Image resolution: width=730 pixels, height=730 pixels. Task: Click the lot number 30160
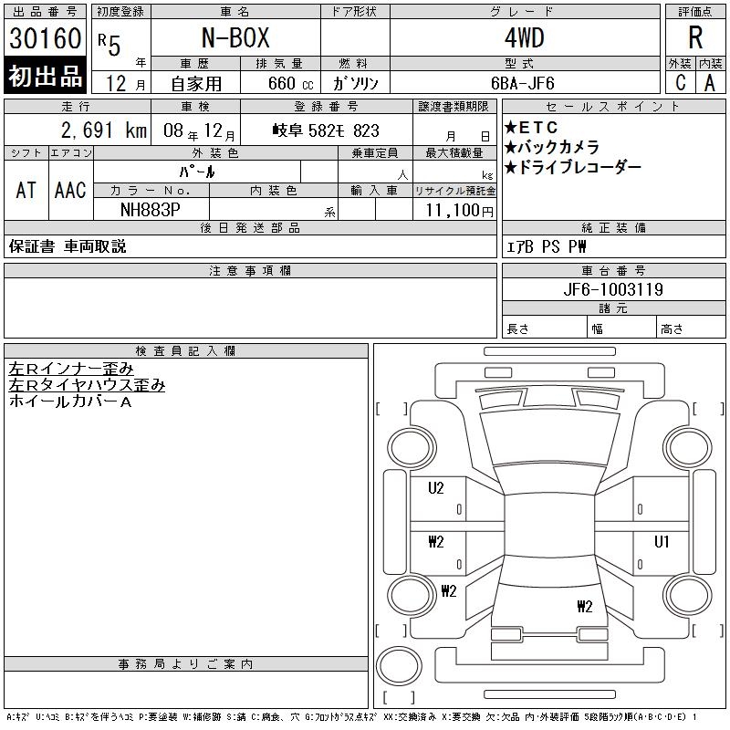click(x=45, y=38)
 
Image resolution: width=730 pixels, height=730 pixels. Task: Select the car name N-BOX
click(x=235, y=37)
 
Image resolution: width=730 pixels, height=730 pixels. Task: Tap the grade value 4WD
click(x=524, y=37)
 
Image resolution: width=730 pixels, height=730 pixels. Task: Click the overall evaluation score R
click(x=695, y=37)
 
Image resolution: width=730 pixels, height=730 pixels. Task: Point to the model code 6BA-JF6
click(x=522, y=83)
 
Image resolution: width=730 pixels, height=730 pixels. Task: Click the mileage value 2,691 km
click(x=104, y=130)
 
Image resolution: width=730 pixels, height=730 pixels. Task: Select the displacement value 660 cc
click(x=290, y=84)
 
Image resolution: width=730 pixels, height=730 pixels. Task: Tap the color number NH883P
click(x=151, y=210)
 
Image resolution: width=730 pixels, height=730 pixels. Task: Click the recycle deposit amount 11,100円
click(x=460, y=211)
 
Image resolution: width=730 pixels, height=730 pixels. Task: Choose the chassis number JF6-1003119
click(x=613, y=289)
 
